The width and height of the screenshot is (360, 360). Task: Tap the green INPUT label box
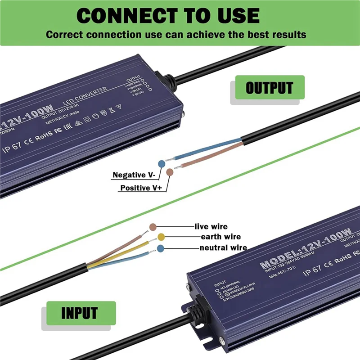pos(79,312)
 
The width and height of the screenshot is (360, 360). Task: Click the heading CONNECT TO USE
pos(168,16)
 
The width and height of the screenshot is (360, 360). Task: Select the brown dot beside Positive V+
pos(170,172)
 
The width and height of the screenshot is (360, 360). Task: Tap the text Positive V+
pos(141,188)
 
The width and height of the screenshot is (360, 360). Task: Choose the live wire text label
pos(211,226)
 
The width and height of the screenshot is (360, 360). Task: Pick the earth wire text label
pos(220,237)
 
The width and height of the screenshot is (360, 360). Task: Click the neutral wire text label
pos(223,247)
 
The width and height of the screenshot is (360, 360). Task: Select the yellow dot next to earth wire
pos(161,237)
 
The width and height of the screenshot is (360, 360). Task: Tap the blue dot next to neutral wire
pos(161,247)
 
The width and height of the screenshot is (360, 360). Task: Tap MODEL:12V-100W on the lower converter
pos(306,248)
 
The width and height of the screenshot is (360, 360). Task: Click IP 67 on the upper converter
pos(15,149)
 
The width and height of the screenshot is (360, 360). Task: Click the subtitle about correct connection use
pos(176,35)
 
